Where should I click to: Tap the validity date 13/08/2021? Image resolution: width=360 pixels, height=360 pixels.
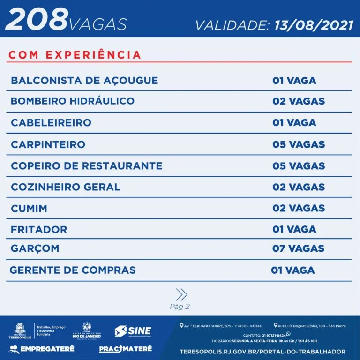pyautogui.click(x=311, y=25)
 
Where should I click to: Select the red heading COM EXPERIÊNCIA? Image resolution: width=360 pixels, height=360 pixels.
pyautogui.click(x=75, y=54)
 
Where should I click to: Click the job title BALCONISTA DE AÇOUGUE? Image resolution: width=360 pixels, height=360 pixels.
pyautogui.click(x=84, y=80)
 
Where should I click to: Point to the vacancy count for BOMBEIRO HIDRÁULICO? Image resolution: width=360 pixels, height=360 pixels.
pyautogui.click(x=299, y=101)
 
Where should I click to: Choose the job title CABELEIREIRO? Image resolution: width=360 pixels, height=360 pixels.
pyautogui.click(x=51, y=123)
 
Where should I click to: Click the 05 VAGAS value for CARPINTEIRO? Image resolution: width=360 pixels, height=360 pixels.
pyautogui.click(x=299, y=144)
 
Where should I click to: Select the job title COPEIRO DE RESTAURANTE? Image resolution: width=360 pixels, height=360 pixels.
pyautogui.click(x=87, y=166)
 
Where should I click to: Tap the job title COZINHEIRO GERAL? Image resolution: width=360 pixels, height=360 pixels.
pyautogui.click(x=66, y=187)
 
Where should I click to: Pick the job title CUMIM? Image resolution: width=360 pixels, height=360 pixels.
pyautogui.click(x=29, y=209)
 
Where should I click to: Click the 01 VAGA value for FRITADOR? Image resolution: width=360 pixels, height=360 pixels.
pyautogui.click(x=294, y=229)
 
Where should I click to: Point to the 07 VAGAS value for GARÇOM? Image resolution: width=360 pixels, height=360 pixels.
pyautogui.click(x=299, y=248)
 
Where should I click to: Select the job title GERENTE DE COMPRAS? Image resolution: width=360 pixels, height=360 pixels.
pyautogui.click(x=73, y=270)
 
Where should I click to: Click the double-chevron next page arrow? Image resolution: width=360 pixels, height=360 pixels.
pyautogui.click(x=181, y=294)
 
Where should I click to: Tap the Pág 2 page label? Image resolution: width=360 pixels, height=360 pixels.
pyautogui.click(x=180, y=307)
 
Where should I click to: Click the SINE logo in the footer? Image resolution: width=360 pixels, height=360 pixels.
pyautogui.click(x=133, y=331)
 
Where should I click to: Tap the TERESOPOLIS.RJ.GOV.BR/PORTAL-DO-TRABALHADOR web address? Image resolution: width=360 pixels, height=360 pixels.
pyautogui.click(x=262, y=351)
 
